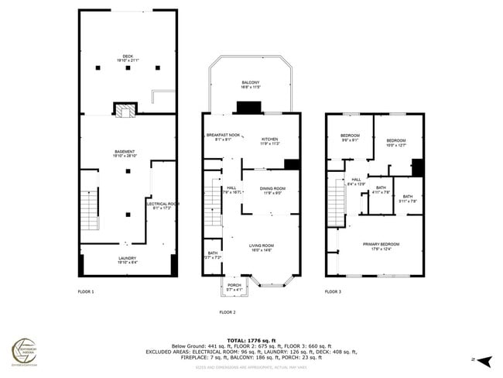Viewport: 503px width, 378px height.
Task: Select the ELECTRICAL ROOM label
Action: pyautogui.click(x=159, y=205)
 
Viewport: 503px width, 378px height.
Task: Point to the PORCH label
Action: pyautogui.click(x=234, y=287)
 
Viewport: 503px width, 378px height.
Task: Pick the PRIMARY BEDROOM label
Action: pyautogui.click(x=380, y=246)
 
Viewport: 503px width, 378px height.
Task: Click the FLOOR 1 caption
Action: pyautogui.click(x=86, y=292)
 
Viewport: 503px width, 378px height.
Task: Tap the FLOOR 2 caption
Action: pyautogui.click(x=227, y=312)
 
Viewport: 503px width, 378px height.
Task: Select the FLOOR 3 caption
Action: pyautogui.click(x=332, y=292)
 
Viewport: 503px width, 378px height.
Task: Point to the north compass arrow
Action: pyautogui.click(x=484, y=360)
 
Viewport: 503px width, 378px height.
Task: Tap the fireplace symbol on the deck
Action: pyautogui.click(x=125, y=109)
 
